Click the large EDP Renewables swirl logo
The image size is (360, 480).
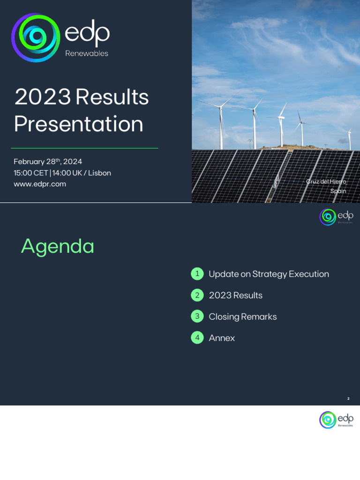[36, 38]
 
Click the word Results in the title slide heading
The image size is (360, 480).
[112, 97]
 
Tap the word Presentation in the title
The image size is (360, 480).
[78, 124]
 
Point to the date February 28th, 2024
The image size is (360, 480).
[48, 162]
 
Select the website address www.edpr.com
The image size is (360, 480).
[40, 184]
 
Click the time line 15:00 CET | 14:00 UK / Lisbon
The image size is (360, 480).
[62, 173]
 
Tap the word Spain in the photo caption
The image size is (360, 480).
[338, 191]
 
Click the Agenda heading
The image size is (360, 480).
[58, 246]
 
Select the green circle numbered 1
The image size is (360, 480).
[197, 274]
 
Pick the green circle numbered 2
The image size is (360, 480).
[197, 295]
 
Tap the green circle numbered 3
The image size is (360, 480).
[197, 316]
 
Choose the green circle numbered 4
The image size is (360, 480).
[197, 337]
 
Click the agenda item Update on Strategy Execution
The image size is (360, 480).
[269, 274]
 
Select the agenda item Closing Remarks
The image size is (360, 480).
[243, 317]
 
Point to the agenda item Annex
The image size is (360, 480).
[222, 338]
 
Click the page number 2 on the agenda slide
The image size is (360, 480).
[348, 398]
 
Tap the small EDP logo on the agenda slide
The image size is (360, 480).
[336, 217]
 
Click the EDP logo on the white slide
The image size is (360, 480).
[336, 420]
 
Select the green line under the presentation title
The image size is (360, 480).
[84, 148]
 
